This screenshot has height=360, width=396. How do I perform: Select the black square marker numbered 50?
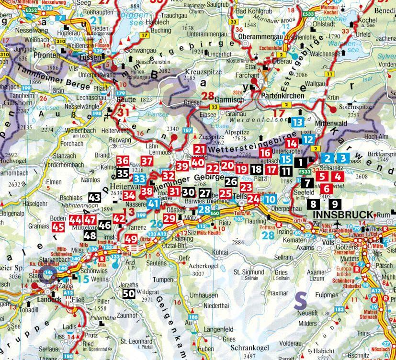tap(128, 294)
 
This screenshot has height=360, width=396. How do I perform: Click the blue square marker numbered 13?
tap(297, 123)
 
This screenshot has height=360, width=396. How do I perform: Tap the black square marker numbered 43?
tap(94, 197)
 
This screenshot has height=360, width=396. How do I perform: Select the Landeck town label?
tap(47, 302)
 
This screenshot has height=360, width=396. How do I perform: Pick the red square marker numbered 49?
tap(131, 239)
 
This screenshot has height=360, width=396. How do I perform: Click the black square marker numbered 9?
tap(334, 204)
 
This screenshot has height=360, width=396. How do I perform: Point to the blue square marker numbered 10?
tap(271, 199)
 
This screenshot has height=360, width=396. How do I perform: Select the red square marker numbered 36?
tap(123, 161)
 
